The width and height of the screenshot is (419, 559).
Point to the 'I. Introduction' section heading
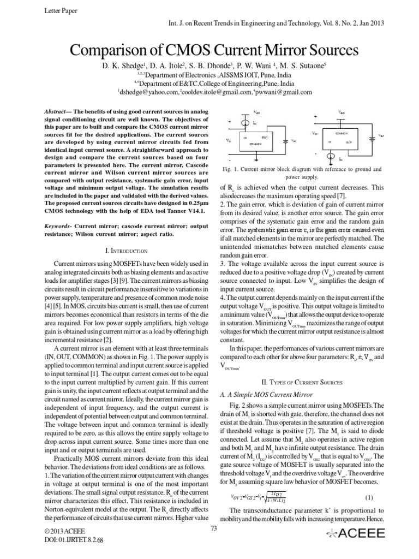(x=126, y=251)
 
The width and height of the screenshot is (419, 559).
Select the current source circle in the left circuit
(x=249, y=124)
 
